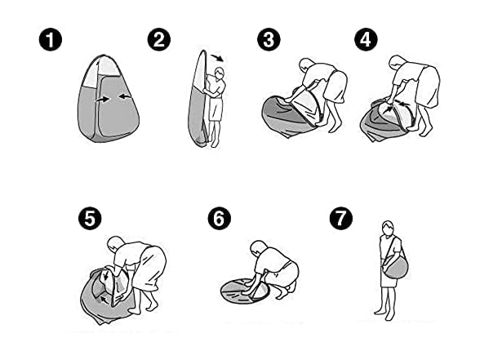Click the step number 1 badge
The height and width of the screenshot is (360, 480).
51,40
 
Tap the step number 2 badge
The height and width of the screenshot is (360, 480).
159,40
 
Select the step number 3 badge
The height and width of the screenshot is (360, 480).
269,40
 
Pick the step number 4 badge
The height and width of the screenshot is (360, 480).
366,40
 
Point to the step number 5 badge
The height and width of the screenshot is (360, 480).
90,218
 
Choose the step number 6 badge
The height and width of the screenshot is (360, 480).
219,218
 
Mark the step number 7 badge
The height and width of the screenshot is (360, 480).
341,218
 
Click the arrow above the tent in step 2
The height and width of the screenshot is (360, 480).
218,58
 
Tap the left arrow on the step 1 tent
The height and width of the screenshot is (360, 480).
103,100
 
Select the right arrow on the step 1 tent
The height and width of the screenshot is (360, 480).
125,96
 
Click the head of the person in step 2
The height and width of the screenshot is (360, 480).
220,73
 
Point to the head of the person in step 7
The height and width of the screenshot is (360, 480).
388,228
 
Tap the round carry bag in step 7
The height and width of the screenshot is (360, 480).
396,266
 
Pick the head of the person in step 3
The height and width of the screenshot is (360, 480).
306,67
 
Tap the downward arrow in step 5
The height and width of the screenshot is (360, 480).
106,274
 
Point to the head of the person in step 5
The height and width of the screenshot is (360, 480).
116,245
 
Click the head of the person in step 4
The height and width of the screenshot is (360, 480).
398,64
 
